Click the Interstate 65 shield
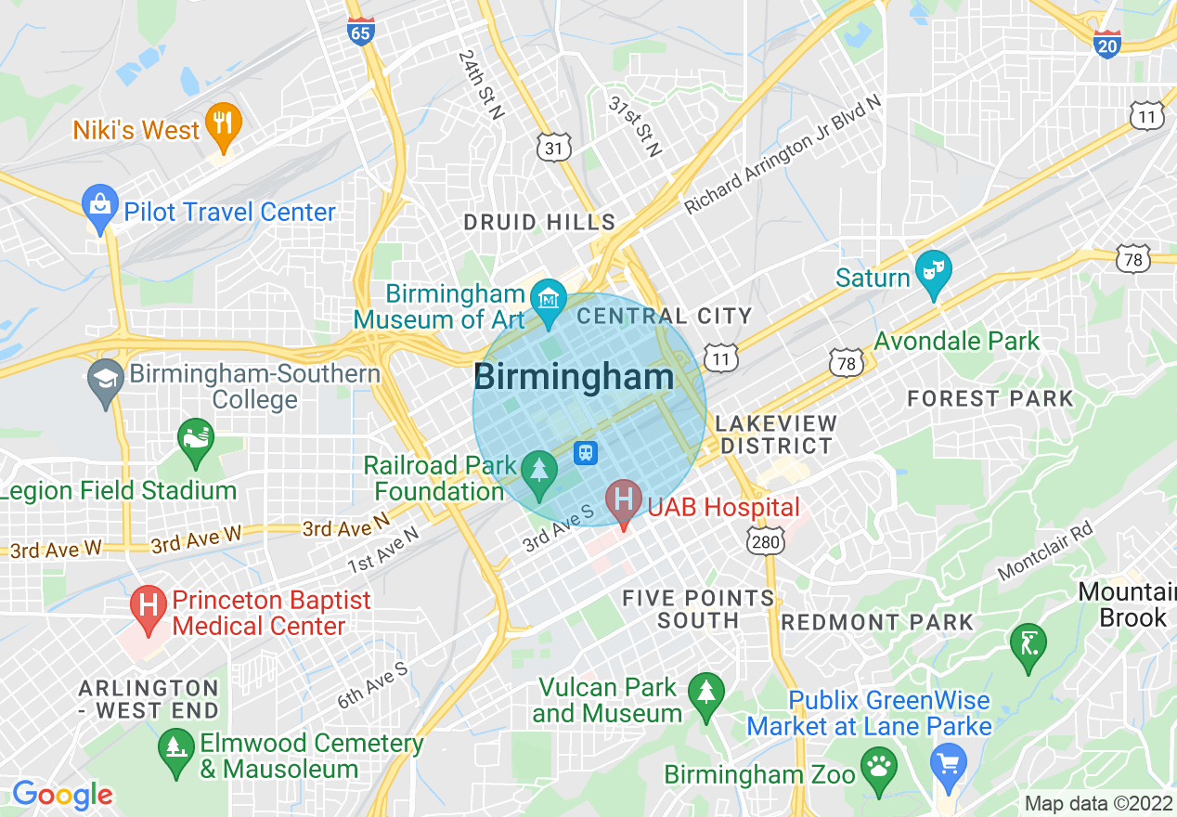click(x=361, y=32)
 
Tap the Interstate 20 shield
click(x=1107, y=44)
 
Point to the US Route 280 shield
click(x=765, y=538)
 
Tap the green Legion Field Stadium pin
click(x=195, y=441)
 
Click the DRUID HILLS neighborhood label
click(x=539, y=223)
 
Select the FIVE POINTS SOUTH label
click(x=698, y=609)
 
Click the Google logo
click(x=62, y=795)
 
